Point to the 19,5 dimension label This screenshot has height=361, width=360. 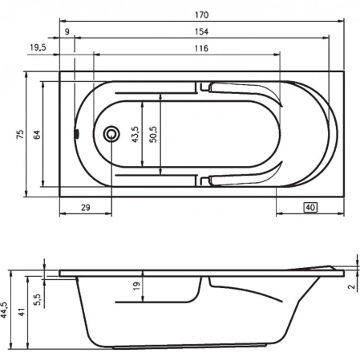pos(38,49)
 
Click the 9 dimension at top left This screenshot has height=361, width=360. pos(67,31)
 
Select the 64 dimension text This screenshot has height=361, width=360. pos(36,133)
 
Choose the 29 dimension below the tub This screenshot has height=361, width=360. pos(85,208)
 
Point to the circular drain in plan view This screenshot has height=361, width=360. pos(112,133)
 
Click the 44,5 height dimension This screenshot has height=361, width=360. pos(6,309)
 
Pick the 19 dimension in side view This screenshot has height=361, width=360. pos(136,285)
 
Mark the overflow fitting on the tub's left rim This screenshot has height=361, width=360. pos(77,134)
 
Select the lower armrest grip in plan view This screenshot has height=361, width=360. pos(241,179)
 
